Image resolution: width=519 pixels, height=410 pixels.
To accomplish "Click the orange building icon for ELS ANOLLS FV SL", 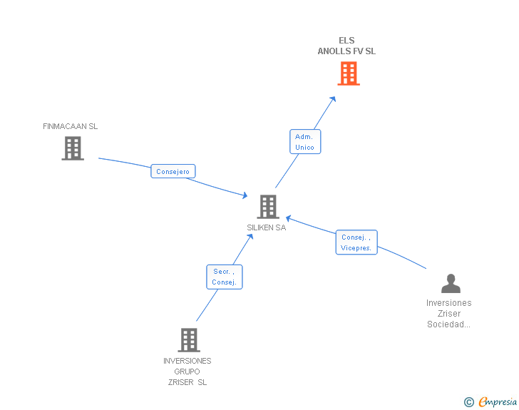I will click(348, 73).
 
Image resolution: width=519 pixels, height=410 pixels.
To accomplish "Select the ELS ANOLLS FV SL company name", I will click(346, 46).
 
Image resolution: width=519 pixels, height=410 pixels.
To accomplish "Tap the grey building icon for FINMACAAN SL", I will click(72, 148).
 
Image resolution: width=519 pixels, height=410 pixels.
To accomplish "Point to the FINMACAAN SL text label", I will click(70, 126).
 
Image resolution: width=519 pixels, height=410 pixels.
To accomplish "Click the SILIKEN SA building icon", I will click(268, 207).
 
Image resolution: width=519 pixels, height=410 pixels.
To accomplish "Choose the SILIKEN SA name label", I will click(267, 227).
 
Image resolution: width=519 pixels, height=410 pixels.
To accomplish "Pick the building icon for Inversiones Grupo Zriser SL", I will click(188, 340).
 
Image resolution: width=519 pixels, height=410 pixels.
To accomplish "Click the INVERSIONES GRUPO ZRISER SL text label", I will click(187, 371).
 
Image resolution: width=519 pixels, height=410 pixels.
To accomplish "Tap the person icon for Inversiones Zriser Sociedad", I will click(451, 284).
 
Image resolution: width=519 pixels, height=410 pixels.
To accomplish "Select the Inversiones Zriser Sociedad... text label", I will click(449, 314).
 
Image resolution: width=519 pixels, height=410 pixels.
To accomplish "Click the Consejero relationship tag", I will click(173, 171).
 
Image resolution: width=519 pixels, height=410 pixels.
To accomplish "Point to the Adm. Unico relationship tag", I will click(304, 141).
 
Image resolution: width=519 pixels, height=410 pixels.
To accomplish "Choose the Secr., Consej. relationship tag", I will click(224, 277).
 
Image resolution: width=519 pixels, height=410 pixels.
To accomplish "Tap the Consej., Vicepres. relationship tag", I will click(356, 242).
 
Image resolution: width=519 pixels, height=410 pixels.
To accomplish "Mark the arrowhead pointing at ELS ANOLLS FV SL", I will click(333, 99).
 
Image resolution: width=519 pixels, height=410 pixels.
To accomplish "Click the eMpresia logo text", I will click(497, 402).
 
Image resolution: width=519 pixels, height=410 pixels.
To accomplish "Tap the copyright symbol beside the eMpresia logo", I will click(468, 403).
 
